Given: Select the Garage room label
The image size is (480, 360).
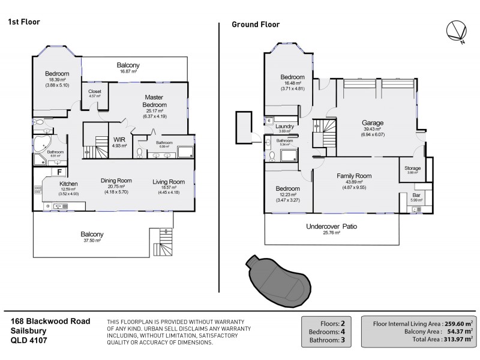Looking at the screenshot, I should [x=372, y=123].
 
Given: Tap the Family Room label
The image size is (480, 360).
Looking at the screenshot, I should [x=353, y=176].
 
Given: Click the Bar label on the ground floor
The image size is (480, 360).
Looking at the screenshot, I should [x=416, y=195].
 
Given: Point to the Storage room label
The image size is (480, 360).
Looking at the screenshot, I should [x=412, y=168].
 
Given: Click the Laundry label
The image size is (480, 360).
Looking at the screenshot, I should [x=284, y=127].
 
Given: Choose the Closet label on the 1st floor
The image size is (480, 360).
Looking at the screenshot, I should [x=95, y=91].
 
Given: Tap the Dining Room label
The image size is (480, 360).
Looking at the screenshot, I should [x=116, y=181].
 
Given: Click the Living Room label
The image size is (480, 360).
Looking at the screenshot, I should [x=168, y=182].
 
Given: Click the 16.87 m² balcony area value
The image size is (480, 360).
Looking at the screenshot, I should [x=128, y=71].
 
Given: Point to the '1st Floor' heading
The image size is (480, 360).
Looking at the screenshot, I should [x=23, y=22].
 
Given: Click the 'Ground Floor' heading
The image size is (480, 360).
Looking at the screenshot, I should [x=255, y=25].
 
